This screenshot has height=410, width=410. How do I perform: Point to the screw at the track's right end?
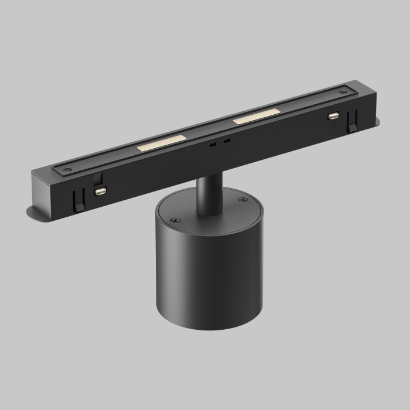coord(342,93)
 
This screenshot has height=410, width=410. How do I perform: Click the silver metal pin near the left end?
coord(101,191)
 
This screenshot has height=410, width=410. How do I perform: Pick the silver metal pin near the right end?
coord(334,116)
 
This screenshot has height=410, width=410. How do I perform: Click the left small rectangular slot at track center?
coord(214,144)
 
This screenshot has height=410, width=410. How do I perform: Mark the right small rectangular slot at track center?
coord(227,141)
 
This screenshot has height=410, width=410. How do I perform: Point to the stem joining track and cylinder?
coord(207,194)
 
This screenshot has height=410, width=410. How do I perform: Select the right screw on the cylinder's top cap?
coord(243,200)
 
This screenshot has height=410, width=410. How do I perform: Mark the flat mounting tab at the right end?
coord(373,121)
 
